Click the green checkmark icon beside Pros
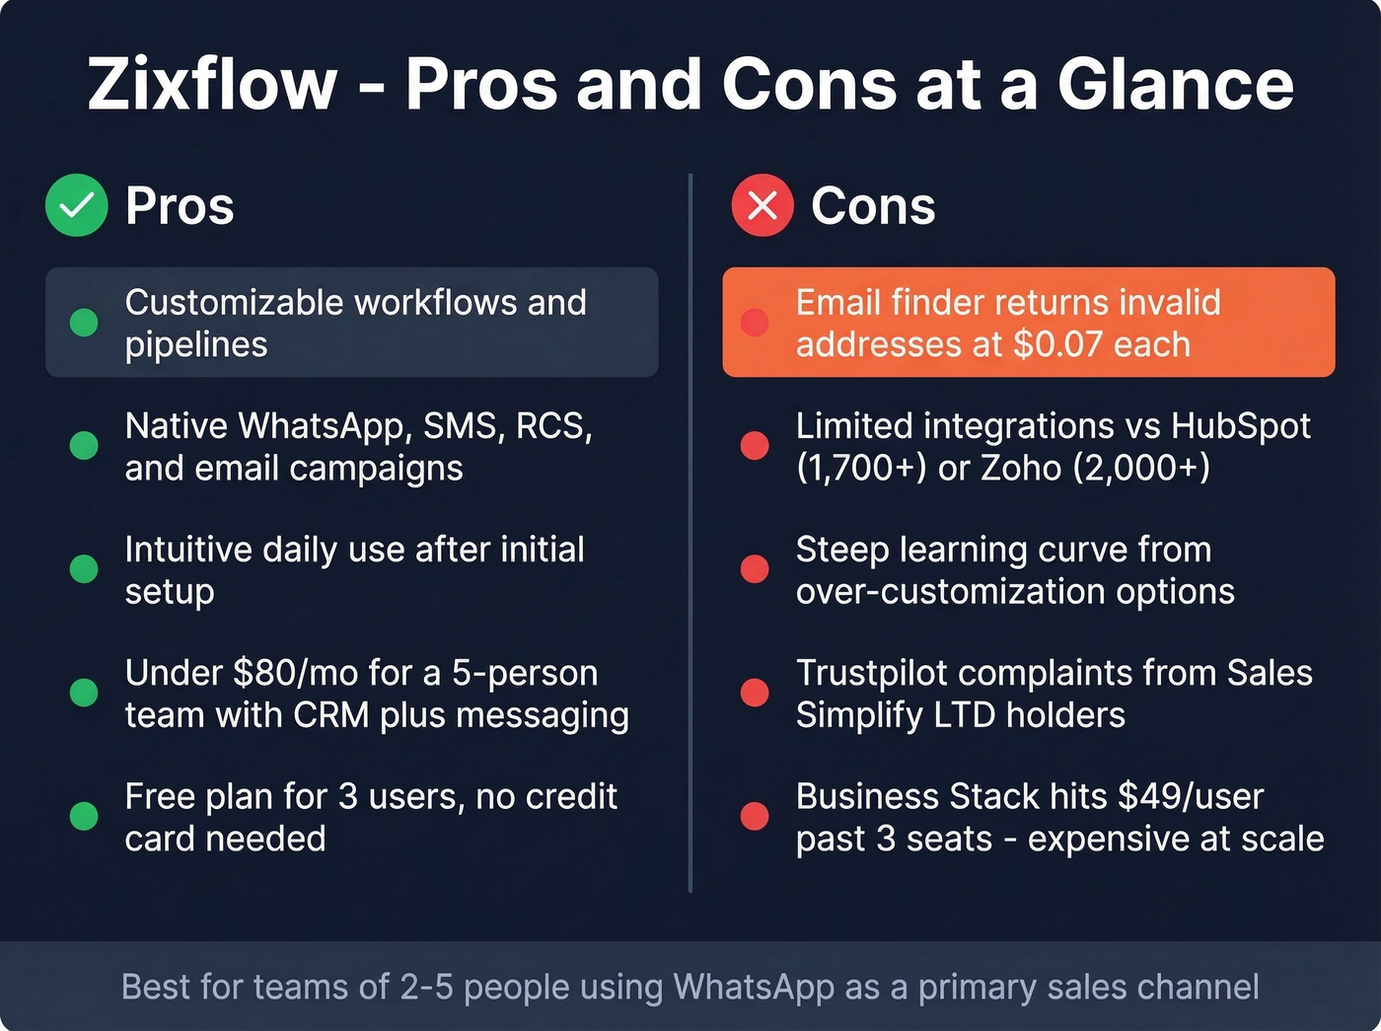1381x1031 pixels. tap(76, 205)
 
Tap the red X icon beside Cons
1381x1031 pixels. tap(762, 205)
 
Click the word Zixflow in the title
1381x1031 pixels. tap(212, 85)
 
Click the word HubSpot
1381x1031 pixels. tap(1240, 426)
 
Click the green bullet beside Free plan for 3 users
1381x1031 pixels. tap(84, 816)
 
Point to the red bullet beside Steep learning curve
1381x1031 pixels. tap(755, 569)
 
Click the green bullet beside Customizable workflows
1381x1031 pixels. tap(84, 323)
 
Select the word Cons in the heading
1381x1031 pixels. tap(873, 206)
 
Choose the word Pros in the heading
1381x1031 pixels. tap(180, 206)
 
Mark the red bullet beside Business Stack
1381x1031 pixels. tap(755, 816)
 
